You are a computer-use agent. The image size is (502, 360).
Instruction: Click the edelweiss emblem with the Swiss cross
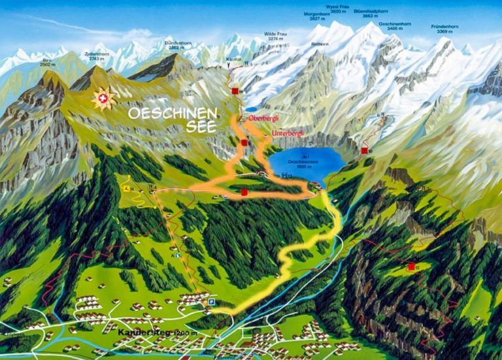coord(103,99)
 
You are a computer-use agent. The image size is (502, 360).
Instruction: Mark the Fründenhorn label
coord(445,28)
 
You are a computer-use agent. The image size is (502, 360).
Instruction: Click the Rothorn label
coord(320,44)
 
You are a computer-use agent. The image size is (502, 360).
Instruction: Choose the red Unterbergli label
coord(287,133)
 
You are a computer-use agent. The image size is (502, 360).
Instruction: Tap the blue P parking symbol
coord(211,302)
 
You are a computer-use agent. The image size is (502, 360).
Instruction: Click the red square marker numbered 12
coord(412,267)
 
